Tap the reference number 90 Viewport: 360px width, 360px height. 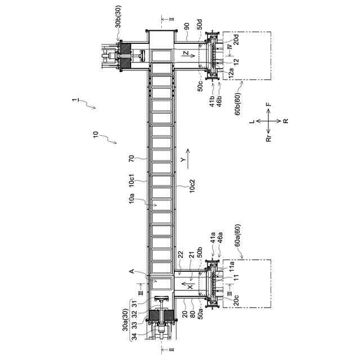(186, 26)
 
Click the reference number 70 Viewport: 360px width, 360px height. (131, 159)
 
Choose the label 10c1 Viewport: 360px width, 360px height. (131, 181)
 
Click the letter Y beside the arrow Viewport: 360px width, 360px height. (183, 160)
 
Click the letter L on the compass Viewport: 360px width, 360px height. (253, 120)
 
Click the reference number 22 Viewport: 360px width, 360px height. (180, 255)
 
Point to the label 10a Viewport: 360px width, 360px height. (131, 198)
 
